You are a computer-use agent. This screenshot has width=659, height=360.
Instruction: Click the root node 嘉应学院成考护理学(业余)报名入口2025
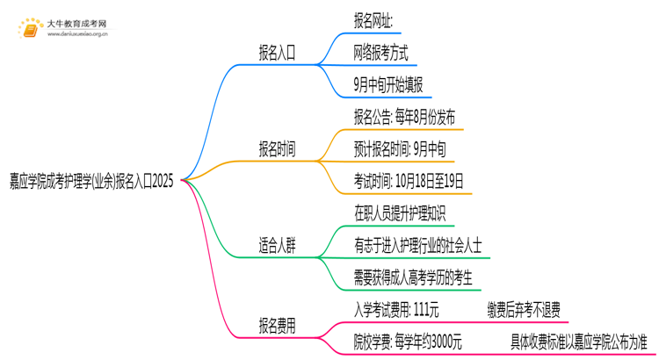92,183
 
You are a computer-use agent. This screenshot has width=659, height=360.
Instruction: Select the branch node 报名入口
277,53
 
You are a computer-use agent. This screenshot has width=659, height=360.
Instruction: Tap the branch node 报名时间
277,150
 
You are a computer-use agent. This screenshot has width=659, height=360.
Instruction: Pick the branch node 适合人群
277,247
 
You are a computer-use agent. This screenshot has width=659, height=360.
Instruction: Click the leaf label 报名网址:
373,20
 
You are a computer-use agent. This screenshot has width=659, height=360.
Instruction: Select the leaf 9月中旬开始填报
387,85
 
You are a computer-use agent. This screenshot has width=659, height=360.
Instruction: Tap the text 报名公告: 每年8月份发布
404,118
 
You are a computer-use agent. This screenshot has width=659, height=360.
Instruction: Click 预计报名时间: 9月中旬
399,150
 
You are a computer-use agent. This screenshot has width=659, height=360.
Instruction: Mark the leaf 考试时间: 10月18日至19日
408,183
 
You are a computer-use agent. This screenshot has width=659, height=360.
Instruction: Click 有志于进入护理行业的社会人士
417,247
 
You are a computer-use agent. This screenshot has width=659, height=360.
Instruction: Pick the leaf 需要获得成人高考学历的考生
413,279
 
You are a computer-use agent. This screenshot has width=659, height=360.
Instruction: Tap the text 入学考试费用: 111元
396,310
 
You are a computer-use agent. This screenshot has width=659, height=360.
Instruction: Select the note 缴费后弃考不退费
523,310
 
